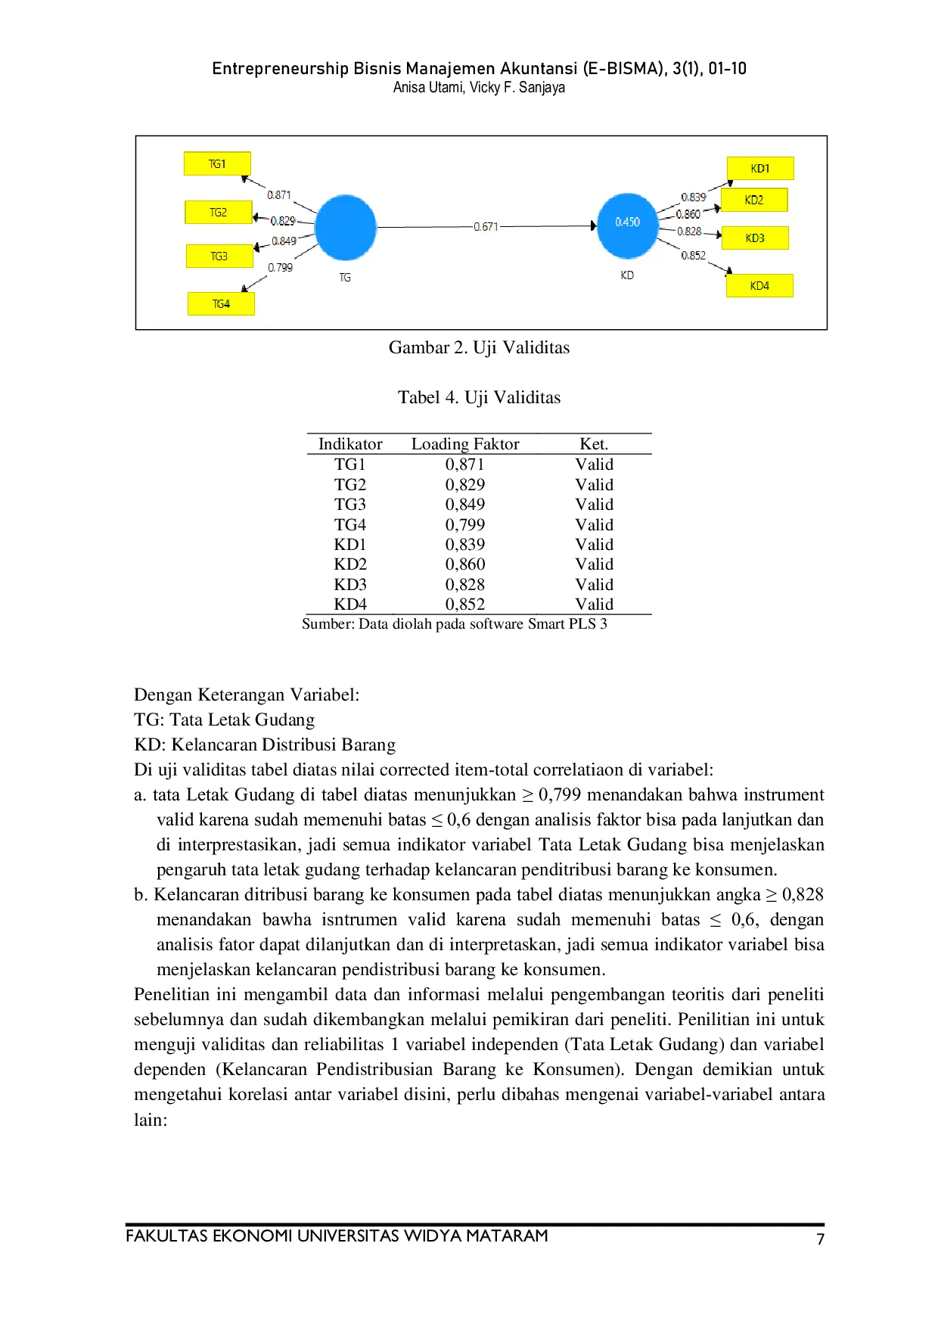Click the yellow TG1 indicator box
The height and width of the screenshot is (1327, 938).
point(217,163)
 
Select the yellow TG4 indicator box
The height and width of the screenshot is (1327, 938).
point(221,303)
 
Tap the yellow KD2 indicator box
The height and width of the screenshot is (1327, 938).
point(754,200)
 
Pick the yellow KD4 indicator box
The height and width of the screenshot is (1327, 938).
point(759,285)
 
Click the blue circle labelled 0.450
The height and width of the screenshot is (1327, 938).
point(627,225)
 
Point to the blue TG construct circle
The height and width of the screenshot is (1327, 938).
point(346,227)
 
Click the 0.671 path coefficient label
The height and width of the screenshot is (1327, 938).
point(486,226)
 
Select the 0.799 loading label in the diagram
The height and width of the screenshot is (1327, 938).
point(280,267)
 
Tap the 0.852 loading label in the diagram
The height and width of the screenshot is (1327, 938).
point(693,255)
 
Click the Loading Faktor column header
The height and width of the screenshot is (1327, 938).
point(465,444)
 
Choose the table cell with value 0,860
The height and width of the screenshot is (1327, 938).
point(465,564)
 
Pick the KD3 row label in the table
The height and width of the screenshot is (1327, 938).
point(350,584)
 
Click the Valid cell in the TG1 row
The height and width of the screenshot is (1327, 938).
point(594,465)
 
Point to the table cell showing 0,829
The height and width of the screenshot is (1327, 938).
point(465,484)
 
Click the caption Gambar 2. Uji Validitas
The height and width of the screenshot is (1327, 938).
point(479,347)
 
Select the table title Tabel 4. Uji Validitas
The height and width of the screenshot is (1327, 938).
point(480,397)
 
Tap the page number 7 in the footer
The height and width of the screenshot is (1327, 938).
point(820,1238)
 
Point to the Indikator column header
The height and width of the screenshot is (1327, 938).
point(350,444)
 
